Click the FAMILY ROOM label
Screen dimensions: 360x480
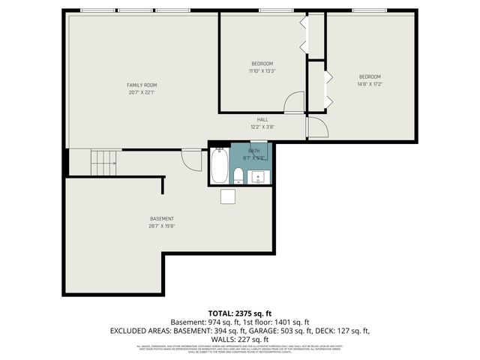point(141,85)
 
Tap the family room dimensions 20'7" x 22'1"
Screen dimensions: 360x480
point(141,93)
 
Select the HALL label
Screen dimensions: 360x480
point(262,119)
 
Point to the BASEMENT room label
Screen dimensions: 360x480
point(161,218)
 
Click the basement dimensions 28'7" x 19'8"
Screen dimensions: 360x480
point(161,226)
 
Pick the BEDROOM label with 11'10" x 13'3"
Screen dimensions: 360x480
point(262,63)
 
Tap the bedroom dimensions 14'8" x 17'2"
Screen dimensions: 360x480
point(370,85)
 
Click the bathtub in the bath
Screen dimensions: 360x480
point(218,166)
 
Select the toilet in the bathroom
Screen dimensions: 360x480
point(238,176)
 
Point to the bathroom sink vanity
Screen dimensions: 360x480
point(258,177)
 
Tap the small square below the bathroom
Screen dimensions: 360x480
point(229,196)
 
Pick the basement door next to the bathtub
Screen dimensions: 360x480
point(192,159)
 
